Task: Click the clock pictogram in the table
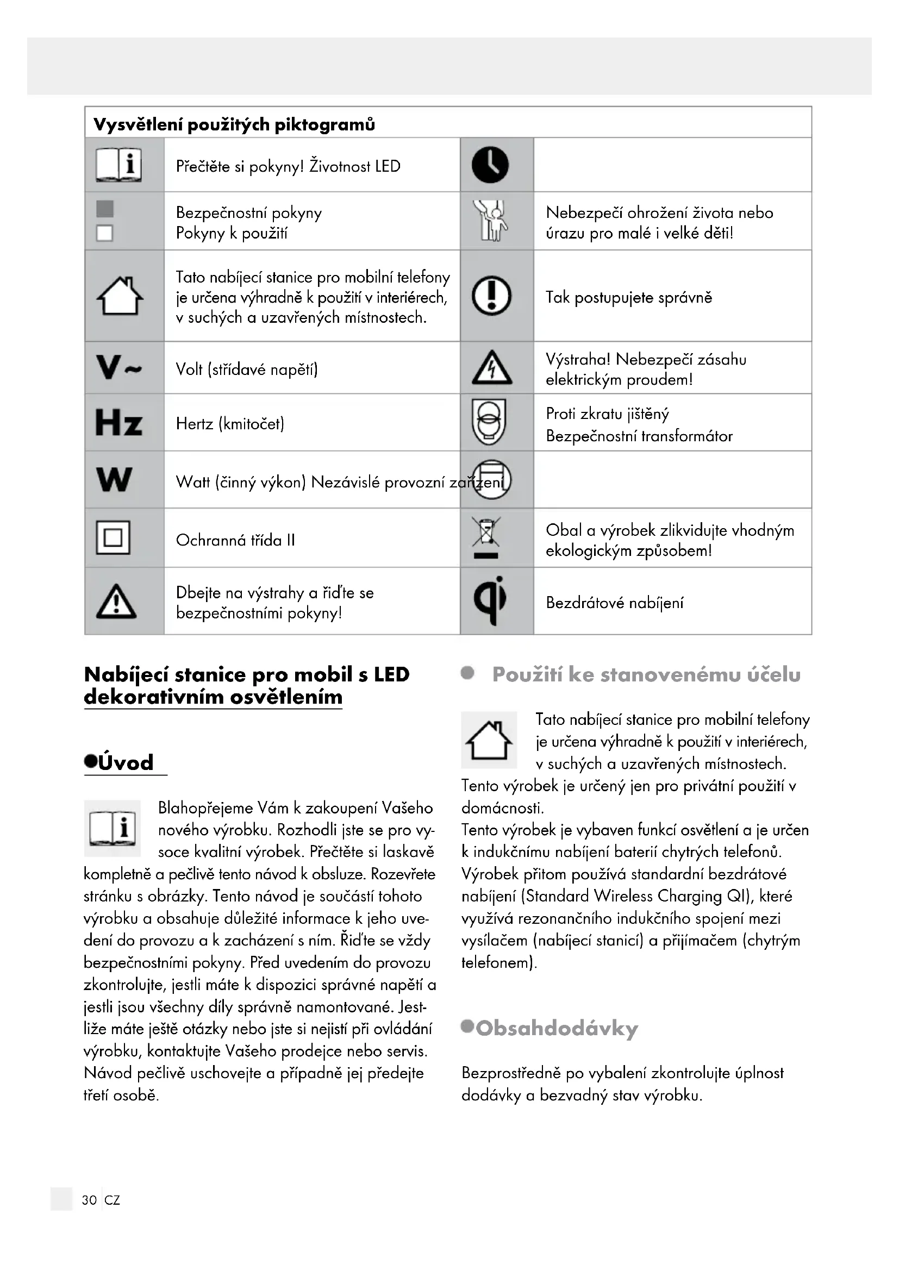pos(490,165)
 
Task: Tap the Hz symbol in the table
pos(118,423)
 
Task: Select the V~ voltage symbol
pos(118,367)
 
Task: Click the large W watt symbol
pos(114,479)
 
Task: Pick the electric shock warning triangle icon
pos(491,368)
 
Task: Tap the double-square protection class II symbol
pos(113,537)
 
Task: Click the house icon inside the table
pos(120,296)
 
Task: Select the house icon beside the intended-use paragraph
pos(489,740)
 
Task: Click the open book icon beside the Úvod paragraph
pos(113,828)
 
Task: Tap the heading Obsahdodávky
pos(557,1029)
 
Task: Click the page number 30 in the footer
pos(89,1200)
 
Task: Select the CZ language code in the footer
pos(113,1200)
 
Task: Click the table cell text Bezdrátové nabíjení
pos(615,602)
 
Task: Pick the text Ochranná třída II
pos(235,540)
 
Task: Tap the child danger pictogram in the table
pos(490,220)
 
